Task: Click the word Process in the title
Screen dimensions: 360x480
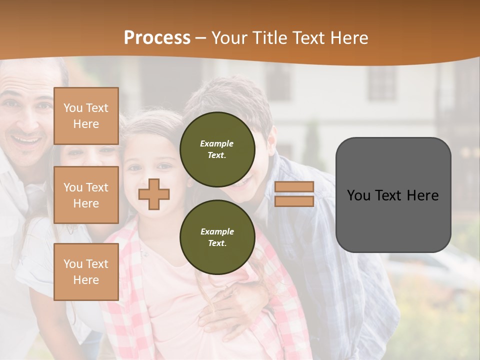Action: pos(157,38)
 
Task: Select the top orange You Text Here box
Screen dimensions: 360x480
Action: pos(86,116)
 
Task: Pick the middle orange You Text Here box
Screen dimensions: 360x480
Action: pos(86,195)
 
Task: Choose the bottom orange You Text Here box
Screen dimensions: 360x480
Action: pos(86,272)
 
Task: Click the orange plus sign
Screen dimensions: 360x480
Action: pos(154,194)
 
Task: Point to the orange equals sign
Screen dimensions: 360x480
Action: pos(294,194)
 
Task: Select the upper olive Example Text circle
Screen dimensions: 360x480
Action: pos(217,149)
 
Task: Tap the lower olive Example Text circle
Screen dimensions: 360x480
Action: pos(217,237)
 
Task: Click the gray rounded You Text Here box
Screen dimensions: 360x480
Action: pos(393,195)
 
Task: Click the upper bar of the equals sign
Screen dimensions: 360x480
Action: pos(294,187)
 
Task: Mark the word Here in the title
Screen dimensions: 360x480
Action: pos(350,38)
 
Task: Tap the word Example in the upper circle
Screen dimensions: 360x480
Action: pos(217,144)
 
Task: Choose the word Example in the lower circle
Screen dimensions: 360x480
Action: pos(217,232)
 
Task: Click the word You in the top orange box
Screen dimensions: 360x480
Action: pos(73,108)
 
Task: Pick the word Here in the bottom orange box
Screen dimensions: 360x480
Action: pos(86,280)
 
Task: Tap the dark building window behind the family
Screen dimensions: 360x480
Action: pos(382,82)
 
